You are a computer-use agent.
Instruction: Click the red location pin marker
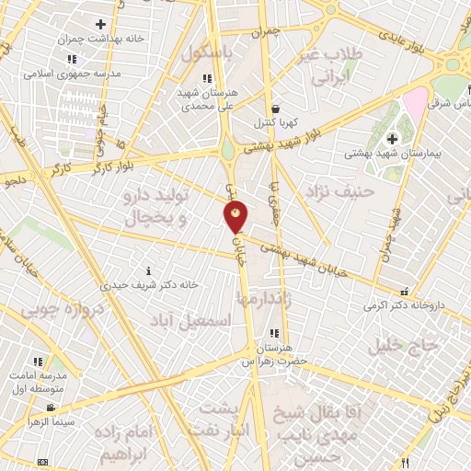[x=236, y=216]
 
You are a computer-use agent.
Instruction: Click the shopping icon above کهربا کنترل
[x=275, y=109]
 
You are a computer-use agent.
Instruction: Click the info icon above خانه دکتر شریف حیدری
[x=151, y=270]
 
